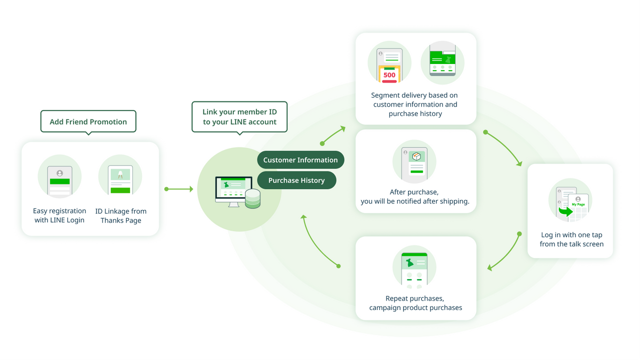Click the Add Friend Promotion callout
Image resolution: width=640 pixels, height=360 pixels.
click(88, 121)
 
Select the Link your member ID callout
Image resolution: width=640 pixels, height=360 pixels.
click(239, 117)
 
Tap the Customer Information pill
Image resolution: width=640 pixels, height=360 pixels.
click(300, 160)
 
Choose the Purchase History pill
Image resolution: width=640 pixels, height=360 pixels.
click(296, 180)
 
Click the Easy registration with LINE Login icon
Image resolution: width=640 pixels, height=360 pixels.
click(59, 177)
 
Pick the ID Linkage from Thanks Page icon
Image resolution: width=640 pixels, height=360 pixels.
click(120, 177)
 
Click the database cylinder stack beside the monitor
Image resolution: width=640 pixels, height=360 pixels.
click(253, 198)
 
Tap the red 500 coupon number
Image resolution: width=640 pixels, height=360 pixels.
click(389, 75)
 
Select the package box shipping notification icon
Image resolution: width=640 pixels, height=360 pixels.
click(415, 161)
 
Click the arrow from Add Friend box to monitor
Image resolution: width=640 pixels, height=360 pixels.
click(179, 189)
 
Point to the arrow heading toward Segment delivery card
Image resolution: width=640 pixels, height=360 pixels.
click(333, 135)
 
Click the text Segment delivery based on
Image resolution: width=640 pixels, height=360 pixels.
click(414, 95)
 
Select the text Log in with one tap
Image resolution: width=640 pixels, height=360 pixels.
click(571, 235)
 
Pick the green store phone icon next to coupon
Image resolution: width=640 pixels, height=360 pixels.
click(442, 62)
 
